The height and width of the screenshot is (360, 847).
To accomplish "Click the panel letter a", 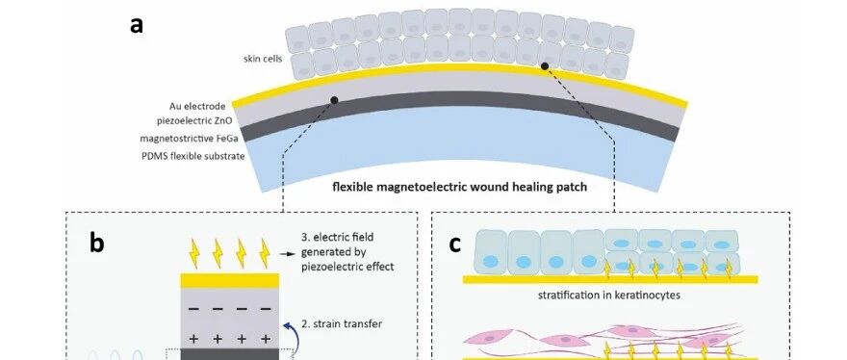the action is (x=137, y=25).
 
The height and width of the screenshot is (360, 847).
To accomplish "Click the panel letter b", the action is (x=96, y=244).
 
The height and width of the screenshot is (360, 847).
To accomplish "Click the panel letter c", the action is (x=455, y=244).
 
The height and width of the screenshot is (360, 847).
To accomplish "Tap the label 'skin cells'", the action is (x=263, y=59).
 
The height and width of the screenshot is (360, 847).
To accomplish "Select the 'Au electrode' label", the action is (x=201, y=107).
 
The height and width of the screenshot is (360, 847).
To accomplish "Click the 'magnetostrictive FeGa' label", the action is (x=189, y=139).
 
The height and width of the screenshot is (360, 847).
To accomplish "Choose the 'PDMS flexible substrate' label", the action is (x=192, y=156).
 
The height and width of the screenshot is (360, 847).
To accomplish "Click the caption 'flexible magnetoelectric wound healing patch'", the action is (x=459, y=188).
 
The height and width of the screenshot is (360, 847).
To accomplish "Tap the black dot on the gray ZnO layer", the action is (x=334, y=100).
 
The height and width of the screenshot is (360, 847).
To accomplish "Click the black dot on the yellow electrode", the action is (x=545, y=66).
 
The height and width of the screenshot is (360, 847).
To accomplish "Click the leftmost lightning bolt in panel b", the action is (x=194, y=253).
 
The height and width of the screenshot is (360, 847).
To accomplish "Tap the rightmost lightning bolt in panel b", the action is (x=265, y=253).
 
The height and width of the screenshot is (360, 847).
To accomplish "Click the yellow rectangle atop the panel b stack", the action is (x=230, y=280).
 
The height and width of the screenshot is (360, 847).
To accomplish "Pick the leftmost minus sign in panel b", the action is (x=193, y=309).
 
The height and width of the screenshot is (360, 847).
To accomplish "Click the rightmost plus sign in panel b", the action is (x=266, y=339).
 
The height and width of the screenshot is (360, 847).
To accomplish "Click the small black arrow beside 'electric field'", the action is (x=288, y=253).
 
